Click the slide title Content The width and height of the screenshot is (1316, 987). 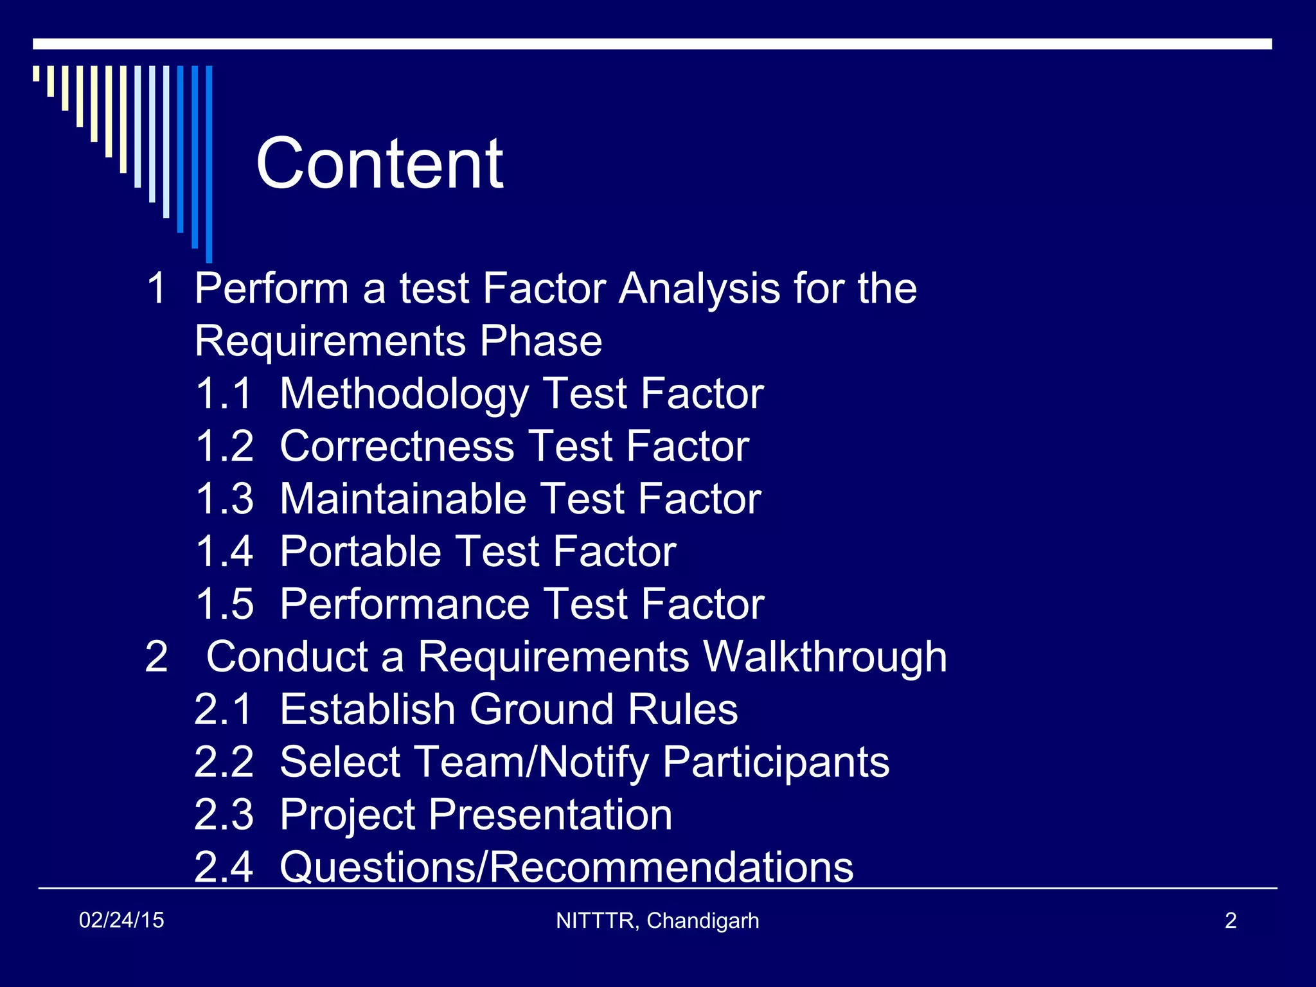pyautogui.click(x=379, y=164)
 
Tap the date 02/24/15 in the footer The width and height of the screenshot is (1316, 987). pyautogui.click(x=121, y=920)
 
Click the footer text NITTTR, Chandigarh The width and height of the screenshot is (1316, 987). pyautogui.click(x=657, y=921)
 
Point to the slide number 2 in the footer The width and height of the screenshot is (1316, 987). pyautogui.click(x=1231, y=921)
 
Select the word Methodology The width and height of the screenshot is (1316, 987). pyautogui.click(x=404, y=394)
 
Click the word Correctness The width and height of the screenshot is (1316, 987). pyautogui.click(x=397, y=447)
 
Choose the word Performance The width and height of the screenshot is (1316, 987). pyautogui.click(x=405, y=605)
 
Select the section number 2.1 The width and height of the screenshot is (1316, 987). pyautogui.click(x=224, y=709)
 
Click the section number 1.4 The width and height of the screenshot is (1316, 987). pyautogui.click(x=224, y=552)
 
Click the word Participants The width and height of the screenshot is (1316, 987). pyautogui.click(x=776, y=762)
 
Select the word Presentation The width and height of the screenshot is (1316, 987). pyautogui.click(x=549, y=815)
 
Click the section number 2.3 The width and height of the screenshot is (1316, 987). pyautogui.click(x=224, y=815)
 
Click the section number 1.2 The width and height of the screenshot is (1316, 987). pyautogui.click(x=224, y=447)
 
